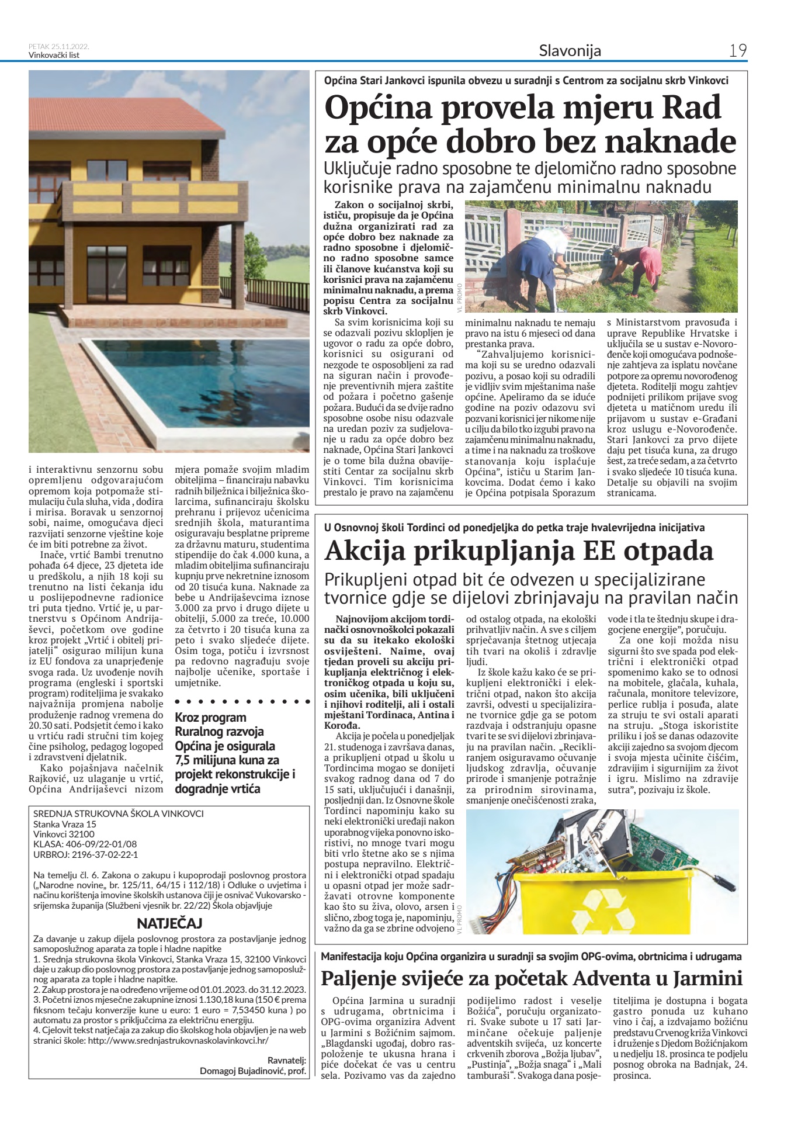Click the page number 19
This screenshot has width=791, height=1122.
(738, 51)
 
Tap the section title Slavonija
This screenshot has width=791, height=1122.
(570, 51)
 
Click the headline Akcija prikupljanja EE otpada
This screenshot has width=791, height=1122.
(519, 550)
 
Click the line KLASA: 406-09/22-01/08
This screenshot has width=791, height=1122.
(85, 844)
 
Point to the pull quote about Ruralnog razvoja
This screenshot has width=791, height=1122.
(235, 753)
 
